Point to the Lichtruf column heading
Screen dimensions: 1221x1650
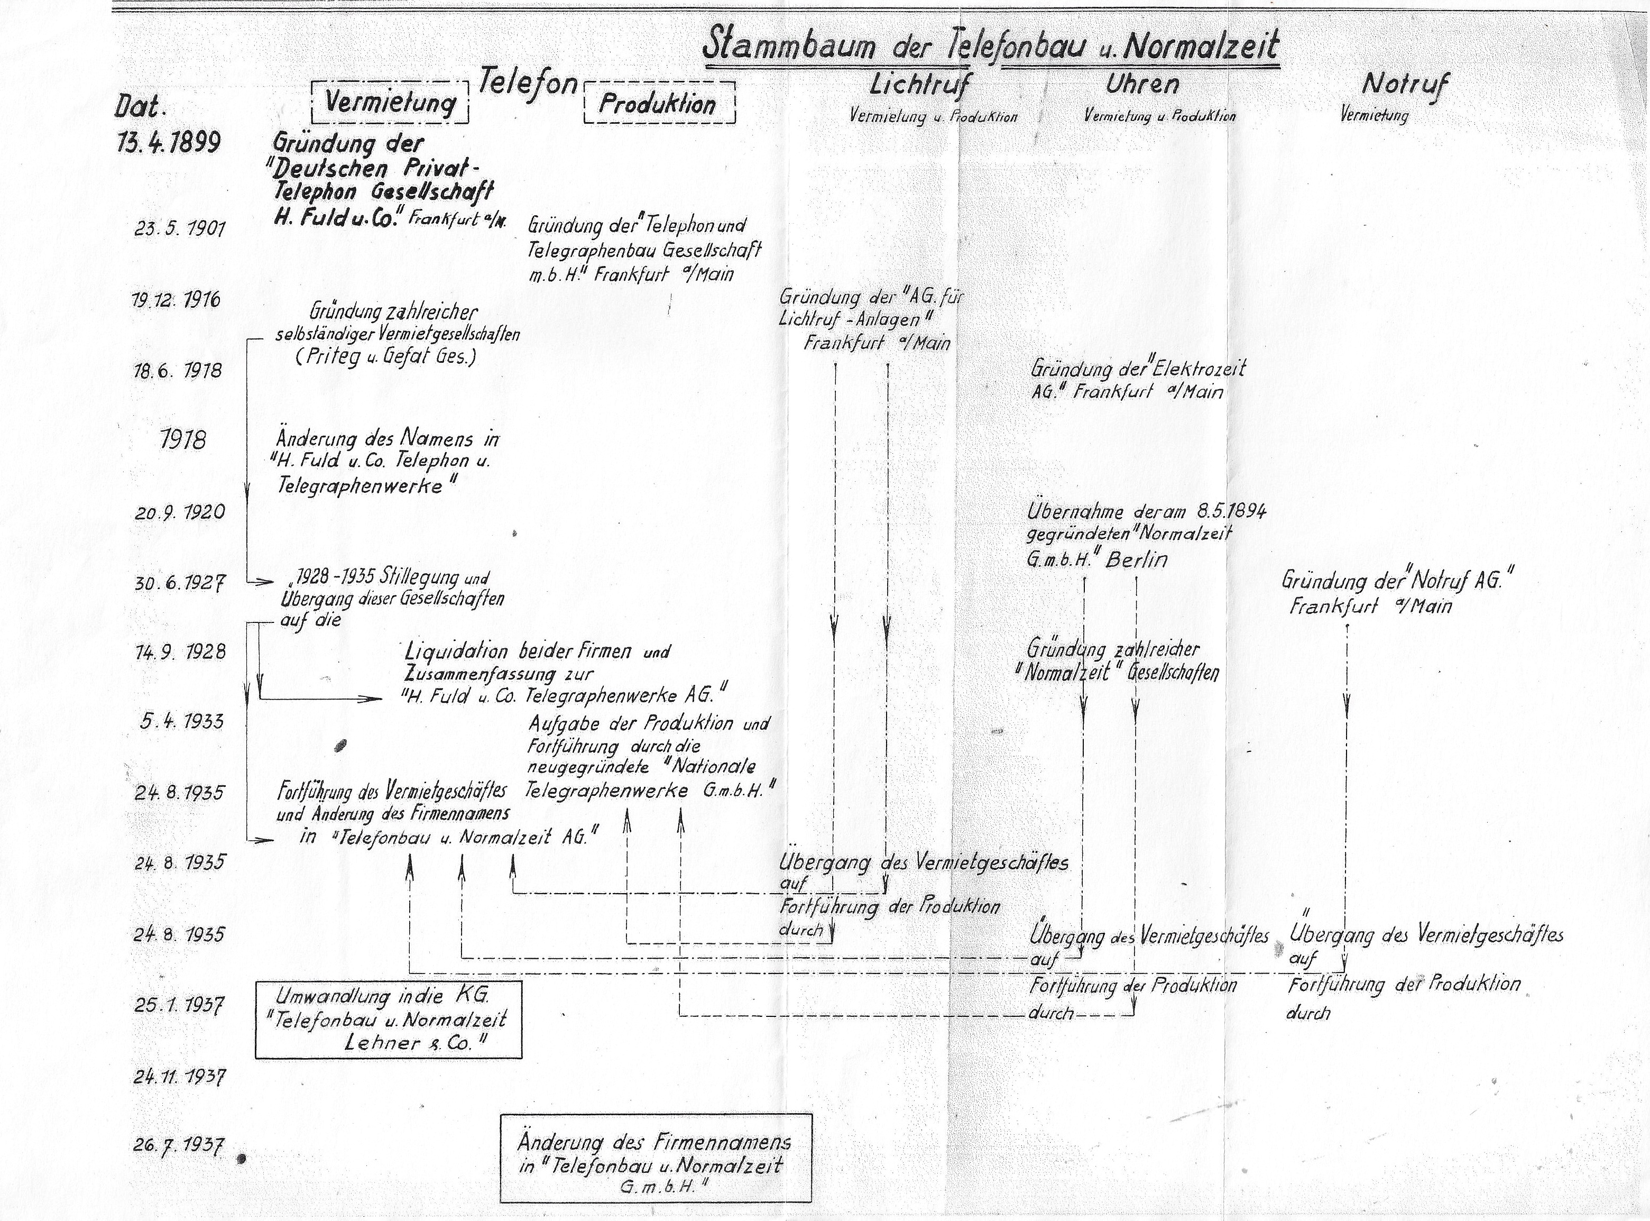[x=920, y=84]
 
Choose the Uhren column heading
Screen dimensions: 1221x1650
[x=1141, y=84]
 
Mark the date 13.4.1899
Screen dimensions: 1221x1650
[x=169, y=142]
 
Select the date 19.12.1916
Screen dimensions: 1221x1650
[x=177, y=300]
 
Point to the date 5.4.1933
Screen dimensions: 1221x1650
[x=182, y=721]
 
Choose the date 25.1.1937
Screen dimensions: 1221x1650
[x=180, y=1004]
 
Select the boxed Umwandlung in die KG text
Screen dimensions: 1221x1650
[x=388, y=1019]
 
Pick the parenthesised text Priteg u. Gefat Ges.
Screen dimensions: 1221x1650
[x=386, y=357]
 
